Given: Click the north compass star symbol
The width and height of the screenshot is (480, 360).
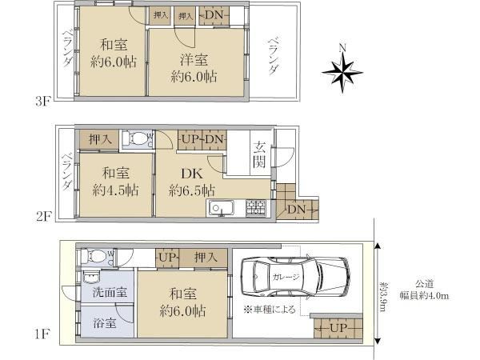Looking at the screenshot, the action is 342,73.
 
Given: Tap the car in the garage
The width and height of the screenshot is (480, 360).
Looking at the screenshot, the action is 295,277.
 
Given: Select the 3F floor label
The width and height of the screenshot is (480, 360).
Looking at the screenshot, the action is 42,102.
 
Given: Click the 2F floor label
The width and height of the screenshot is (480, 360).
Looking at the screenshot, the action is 43,217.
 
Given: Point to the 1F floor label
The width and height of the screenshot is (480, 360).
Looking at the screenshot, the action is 42,334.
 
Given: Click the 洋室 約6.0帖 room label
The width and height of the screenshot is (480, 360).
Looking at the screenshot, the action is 194,68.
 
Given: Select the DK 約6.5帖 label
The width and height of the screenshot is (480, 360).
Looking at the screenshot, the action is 192,182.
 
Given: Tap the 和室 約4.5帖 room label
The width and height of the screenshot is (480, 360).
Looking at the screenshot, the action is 115,182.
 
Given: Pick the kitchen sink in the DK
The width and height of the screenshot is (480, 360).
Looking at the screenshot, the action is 221,208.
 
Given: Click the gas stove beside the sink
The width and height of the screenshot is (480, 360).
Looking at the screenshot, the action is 256,207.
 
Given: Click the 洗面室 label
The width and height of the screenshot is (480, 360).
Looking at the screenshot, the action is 110,292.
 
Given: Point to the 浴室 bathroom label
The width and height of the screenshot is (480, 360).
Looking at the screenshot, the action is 105,323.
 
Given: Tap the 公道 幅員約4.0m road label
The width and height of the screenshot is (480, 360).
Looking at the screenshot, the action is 424,290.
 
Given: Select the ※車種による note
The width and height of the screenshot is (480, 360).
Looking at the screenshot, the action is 270,310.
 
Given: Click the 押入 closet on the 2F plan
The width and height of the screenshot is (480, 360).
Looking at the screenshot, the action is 98,140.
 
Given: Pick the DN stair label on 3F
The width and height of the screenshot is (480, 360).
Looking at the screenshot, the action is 214,14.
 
